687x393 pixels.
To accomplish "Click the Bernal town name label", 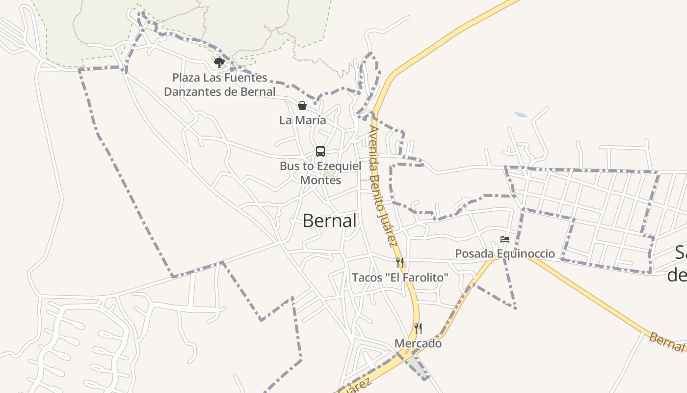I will click(329, 221).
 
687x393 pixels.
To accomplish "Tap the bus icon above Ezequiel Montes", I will click(320, 151).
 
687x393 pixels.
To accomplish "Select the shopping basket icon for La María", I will click(302, 106).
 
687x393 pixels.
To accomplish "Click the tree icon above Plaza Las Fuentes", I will click(219, 62).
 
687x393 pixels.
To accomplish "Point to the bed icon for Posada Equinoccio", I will click(505, 240).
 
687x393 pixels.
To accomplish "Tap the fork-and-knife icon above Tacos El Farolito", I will click(400, 263).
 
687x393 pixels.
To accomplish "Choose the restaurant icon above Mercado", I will click(418, 328).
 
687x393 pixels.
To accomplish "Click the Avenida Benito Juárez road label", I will click(382, 187).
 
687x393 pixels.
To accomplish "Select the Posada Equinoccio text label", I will click(505, 253).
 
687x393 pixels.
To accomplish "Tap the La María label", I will click(302, 120).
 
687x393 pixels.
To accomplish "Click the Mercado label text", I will click(418, 343).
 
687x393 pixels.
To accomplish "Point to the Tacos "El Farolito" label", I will click(400, 278).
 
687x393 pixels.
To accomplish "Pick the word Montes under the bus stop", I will click(320, 180).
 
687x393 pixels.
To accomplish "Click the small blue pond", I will click(521, 115).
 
